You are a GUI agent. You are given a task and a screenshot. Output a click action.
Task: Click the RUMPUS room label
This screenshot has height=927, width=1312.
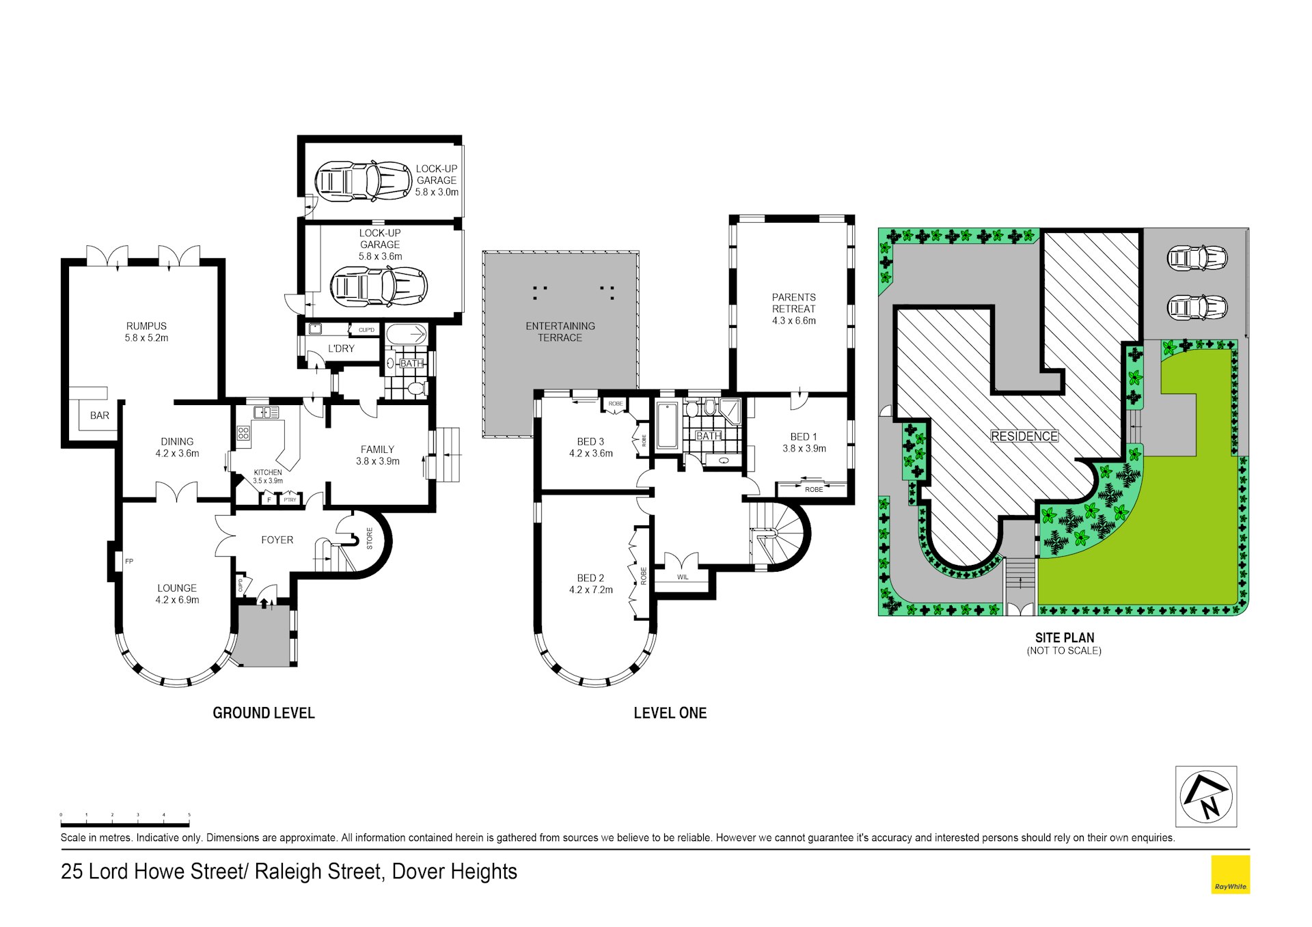(x=146, y=326)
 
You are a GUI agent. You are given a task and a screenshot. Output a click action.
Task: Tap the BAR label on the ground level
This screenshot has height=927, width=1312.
(x=100, y=415)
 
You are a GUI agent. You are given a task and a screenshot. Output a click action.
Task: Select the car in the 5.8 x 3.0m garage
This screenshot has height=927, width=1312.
(x=364, y=181)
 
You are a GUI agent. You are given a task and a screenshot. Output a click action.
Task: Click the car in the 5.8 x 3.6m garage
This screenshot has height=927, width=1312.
(x=379, y=287)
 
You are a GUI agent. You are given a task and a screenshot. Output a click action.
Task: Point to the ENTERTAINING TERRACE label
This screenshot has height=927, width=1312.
(x=560, y=331)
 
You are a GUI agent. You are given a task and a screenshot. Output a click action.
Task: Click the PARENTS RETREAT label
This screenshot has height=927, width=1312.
(x=793, y=303)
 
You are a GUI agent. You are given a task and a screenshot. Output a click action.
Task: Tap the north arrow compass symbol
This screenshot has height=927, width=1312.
(x=1206, y=797)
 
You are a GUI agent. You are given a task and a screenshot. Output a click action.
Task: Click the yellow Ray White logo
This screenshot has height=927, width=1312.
(x=1231, y=874)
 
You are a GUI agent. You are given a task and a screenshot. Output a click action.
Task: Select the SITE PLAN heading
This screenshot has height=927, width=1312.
(x=1065, y=637)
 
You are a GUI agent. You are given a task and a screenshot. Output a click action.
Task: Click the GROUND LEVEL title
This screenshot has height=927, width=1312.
(x=264, y=712)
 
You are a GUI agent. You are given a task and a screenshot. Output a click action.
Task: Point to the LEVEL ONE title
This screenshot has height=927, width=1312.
(x=670, y=712)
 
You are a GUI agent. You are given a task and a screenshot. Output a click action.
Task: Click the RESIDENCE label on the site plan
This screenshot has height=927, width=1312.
(x=1024, y=436)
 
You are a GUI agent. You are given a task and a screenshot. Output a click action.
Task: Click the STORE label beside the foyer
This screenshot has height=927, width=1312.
(x=370, y=538)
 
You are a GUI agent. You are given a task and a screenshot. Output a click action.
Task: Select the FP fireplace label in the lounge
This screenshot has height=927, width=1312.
(x=129, y=562)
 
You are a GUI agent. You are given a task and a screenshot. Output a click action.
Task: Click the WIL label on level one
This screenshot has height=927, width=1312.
(x=683, y=577)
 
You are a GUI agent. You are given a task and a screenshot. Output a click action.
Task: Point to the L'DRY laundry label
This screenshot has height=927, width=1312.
(x=341, y=348)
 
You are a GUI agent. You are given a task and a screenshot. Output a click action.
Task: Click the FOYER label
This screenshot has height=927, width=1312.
(x=277, y=540)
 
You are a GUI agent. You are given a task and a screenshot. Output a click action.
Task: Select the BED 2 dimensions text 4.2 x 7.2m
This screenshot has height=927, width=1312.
(x=591, y=590)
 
